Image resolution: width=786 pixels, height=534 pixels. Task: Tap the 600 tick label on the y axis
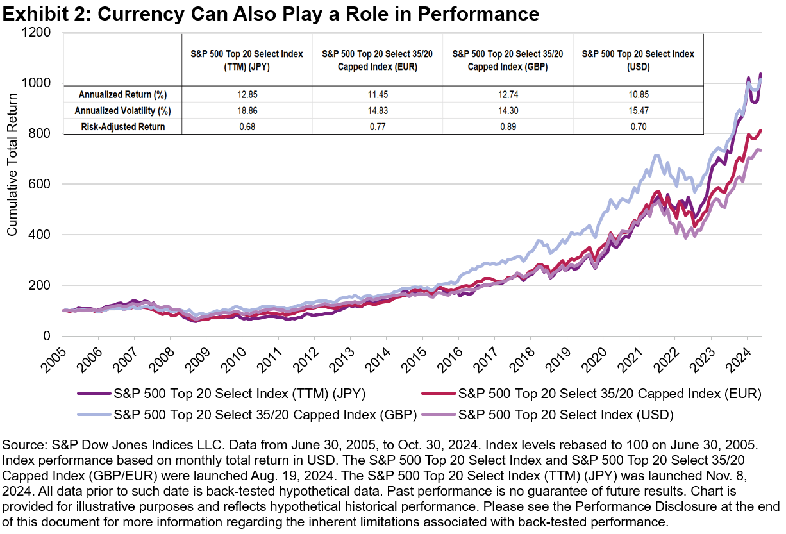click(45, 185)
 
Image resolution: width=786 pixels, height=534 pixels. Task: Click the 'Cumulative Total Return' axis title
click(12, 183)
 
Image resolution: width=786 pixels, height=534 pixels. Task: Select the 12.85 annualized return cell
click(247, 94)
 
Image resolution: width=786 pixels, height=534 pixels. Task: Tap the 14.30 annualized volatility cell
click(507, 110)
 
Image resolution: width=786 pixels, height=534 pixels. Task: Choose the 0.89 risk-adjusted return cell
click(507, 127)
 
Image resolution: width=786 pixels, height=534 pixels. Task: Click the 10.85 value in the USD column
click(637, 94)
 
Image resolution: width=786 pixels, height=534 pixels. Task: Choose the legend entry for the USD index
click(565, 415)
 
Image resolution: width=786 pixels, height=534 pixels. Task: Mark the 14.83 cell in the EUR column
click(377, 110)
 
